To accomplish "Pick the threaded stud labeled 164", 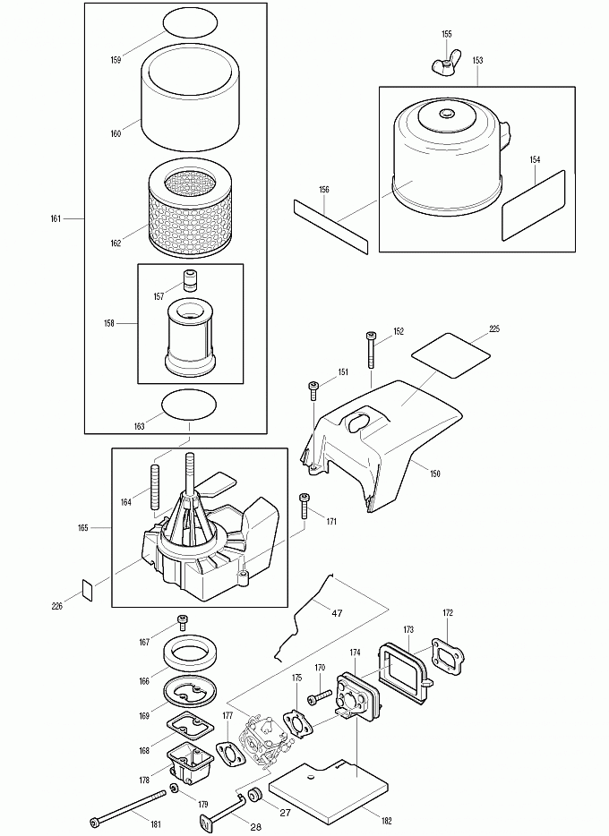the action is [x=155, y=485].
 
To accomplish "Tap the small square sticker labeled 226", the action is [x=87, y=590].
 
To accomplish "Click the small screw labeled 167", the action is [x=183, y=622].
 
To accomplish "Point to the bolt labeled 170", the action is [x=320, y=695].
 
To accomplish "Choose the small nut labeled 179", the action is [x=175, y=789].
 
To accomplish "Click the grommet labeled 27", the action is [x=254, y=795].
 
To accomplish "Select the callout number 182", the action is [x=387, y=821].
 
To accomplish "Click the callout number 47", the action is [x=337, y=613].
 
